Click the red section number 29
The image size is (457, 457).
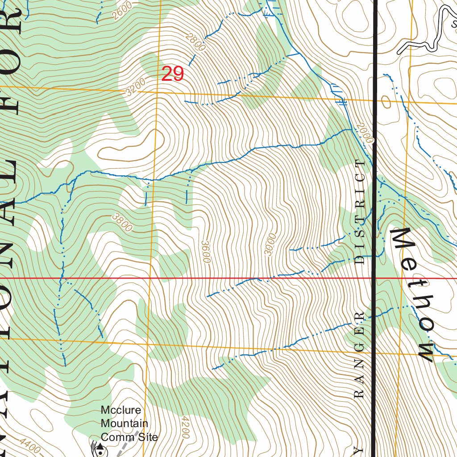coord(173,74)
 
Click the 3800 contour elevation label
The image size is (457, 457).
coord(123,222)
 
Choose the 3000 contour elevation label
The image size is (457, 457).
coord(270,244)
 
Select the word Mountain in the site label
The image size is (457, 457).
coord(124,423)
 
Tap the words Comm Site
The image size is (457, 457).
coord(129,436)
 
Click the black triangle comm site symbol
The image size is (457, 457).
coord(100,446)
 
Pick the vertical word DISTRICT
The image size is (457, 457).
coord(361,212)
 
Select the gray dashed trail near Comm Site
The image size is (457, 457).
coord(124,448)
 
